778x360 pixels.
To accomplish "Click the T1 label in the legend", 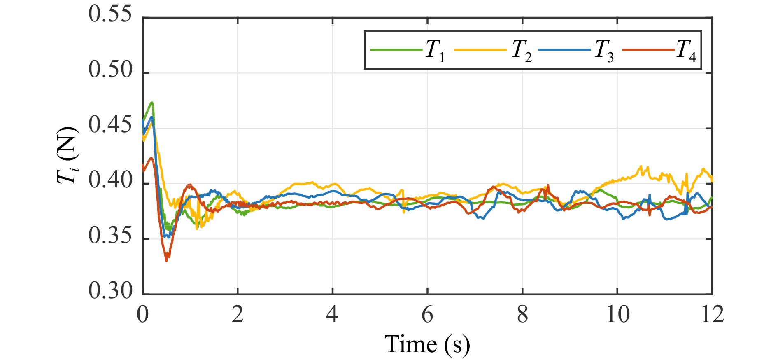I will [435, 51].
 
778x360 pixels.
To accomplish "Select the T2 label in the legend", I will [522, 51].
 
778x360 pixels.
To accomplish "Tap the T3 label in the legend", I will [604, 51].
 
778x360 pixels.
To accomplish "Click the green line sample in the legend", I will [396, 50].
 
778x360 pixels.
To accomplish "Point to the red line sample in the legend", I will [648, 50].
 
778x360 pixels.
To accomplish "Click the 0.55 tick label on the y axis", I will [110, 15].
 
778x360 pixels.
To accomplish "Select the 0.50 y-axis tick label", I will [110, 70].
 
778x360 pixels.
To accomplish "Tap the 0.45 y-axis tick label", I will [110, 126].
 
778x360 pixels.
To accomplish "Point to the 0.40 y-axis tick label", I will [110, 181].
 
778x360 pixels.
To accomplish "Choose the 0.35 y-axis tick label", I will [110, 236].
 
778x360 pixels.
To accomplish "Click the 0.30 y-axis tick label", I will [110, 291].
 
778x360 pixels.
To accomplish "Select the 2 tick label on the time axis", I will [238, 315].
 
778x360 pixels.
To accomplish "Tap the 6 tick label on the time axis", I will [427, 315].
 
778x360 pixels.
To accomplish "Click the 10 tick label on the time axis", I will [617, 315].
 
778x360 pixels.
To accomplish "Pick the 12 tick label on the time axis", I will [712, 315].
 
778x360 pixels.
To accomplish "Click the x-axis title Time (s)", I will [427, 344].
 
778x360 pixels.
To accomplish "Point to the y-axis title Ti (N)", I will [68, 155].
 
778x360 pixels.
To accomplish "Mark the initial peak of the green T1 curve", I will [152, 103].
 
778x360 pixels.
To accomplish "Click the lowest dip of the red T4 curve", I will [166, 260].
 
